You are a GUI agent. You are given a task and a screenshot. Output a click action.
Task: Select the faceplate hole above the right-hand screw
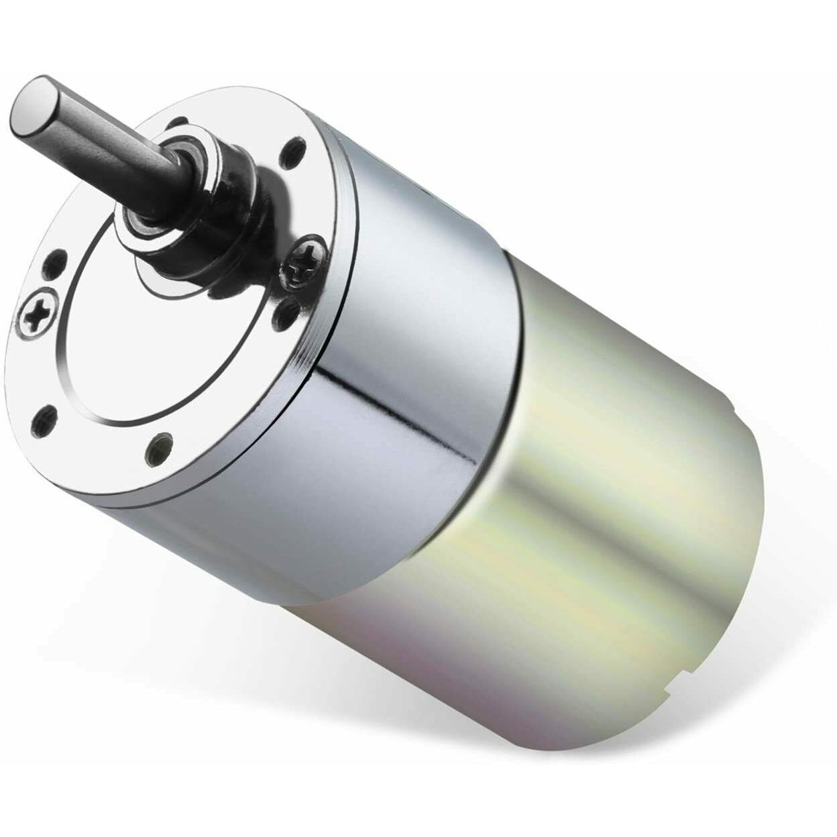click(294, 145)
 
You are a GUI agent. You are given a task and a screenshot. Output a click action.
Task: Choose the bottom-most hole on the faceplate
click(159, 444)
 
